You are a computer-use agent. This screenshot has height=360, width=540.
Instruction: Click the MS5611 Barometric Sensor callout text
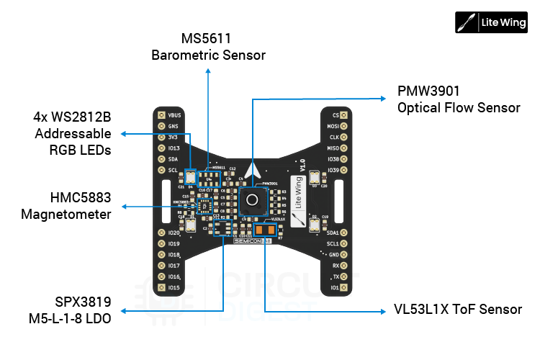[x=208, y=47]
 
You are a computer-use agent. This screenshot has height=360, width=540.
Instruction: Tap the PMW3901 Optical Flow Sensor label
[x=459, y=100]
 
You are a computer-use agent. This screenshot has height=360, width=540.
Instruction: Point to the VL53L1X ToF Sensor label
[x=458, y=310]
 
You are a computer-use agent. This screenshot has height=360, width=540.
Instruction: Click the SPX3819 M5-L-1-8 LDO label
[x=71, y=310]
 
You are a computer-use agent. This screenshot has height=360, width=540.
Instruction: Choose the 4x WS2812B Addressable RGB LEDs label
[x=73, y=133]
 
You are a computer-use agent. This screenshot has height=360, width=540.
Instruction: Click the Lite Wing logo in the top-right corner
[x=491, y=22]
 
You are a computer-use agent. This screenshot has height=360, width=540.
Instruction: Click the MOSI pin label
[x=333, y=126]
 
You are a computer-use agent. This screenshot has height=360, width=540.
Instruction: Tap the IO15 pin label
[x=174, y=287]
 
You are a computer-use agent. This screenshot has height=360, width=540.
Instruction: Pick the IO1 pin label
[x=334, y=287]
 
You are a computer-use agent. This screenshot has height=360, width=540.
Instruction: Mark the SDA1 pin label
[x=332, y=233]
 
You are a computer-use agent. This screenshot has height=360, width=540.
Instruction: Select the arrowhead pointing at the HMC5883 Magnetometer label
[x=123, y=207]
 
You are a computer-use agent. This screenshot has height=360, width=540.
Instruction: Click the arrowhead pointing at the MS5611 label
[x=208, y=71]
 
